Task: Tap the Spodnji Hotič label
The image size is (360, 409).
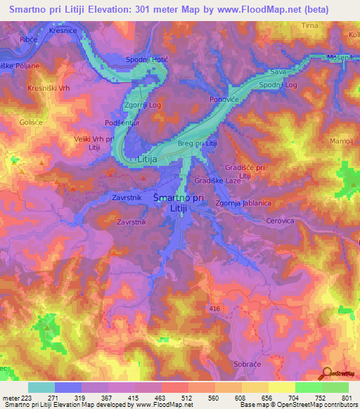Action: [x=147, y=59]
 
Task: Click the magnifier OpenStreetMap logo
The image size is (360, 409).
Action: [x=326, y=373]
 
